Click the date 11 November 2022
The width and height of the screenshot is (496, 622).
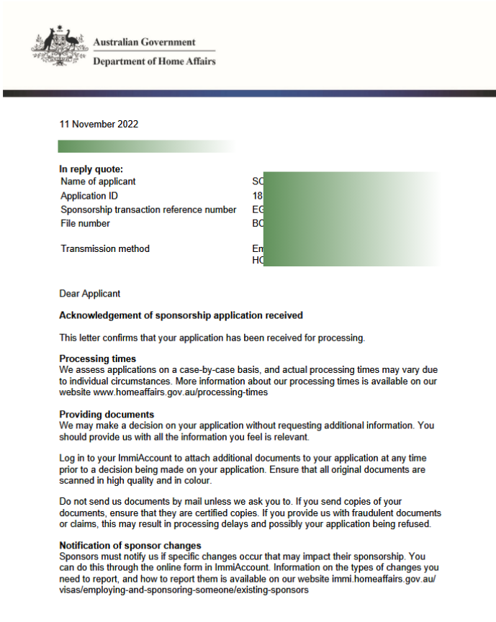coord(99,124)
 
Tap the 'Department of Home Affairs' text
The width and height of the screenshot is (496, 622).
coord(154,61)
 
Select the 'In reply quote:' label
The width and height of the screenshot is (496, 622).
coord(91,169)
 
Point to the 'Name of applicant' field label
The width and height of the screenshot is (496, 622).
coord(98,181)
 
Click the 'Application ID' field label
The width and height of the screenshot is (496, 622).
coord(89,196)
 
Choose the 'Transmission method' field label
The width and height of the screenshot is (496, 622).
coord(105,248)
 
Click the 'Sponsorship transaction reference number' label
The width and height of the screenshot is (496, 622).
coord(148,209)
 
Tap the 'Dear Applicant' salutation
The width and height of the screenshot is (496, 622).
coord(90,294)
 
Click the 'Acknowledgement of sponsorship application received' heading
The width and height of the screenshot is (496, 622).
coord(181,315)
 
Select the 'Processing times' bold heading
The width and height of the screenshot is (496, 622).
coord(98,359)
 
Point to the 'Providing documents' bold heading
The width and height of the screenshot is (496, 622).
coord(107,415)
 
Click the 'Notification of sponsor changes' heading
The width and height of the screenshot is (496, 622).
coord(130,545)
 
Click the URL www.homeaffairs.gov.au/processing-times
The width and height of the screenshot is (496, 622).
coord(181,392)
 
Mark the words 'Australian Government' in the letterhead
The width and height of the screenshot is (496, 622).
coord(144,42)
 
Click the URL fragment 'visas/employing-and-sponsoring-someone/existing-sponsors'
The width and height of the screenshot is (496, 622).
coord(184,590)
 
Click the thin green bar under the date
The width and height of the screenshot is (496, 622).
coord(144,147)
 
